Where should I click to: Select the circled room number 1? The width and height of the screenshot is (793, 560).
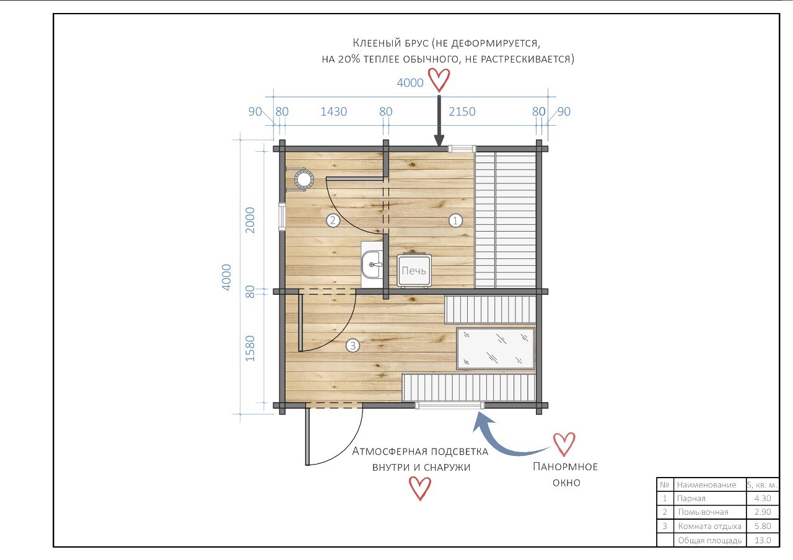455,221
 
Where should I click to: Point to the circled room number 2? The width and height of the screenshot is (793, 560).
333,221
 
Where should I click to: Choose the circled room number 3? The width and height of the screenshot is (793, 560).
353,346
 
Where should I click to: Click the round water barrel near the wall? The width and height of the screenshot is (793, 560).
304,179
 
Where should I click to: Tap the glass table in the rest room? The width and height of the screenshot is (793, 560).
496,348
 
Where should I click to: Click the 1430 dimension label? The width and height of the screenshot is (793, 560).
333,112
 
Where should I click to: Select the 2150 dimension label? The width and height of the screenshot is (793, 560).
462,112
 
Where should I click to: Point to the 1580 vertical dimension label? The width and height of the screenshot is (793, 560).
250,348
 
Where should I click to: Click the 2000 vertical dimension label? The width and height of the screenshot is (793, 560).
250,220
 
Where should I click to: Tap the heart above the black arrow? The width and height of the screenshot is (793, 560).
439,80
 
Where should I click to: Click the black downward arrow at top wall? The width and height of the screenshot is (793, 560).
439,121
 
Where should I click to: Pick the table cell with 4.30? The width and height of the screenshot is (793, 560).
763,499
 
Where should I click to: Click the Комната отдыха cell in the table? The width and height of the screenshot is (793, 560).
709,527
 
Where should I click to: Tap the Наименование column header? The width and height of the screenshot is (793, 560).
706,484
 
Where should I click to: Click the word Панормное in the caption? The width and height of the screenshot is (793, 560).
565,466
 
